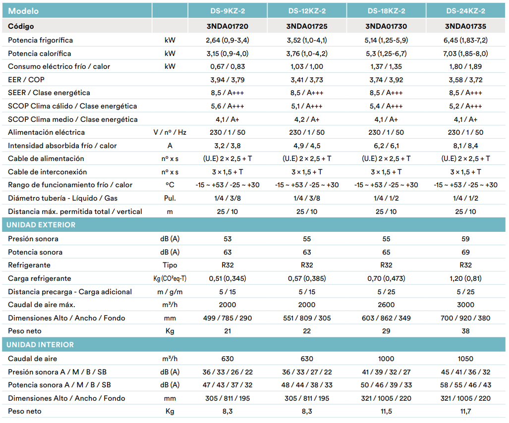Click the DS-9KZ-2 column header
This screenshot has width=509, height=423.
tap(227, 11)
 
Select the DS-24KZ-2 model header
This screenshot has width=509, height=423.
tap(465, 11)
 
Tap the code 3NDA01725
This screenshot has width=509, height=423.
tap(307, 26)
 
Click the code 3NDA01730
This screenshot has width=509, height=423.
tap(386, 26)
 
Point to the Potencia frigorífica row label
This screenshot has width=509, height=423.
tap(41, 40)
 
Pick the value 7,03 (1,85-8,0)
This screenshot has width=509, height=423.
tap(465, 53)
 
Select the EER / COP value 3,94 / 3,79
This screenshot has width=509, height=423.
tap(227, 80)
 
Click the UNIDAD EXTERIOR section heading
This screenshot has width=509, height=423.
tap(41, 225)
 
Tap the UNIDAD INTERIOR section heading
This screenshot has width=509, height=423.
tap(40, 345)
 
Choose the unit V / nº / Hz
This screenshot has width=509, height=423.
tap(170, 132)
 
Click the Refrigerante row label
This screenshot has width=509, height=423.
tap(29, 265)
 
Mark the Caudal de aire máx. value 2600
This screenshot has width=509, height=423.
tap(386, 305)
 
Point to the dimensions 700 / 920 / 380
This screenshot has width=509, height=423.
tap(465, 318)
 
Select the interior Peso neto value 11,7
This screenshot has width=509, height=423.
tap(465, 411)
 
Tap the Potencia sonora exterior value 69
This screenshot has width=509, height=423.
tap(465, 253)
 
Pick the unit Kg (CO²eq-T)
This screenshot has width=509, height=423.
tap(170, 279)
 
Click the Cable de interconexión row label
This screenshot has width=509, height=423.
tap(48, 172)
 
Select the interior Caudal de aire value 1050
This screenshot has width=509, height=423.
tap(465, 359)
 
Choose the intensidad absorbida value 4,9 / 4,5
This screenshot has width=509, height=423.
tap(307, 146)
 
